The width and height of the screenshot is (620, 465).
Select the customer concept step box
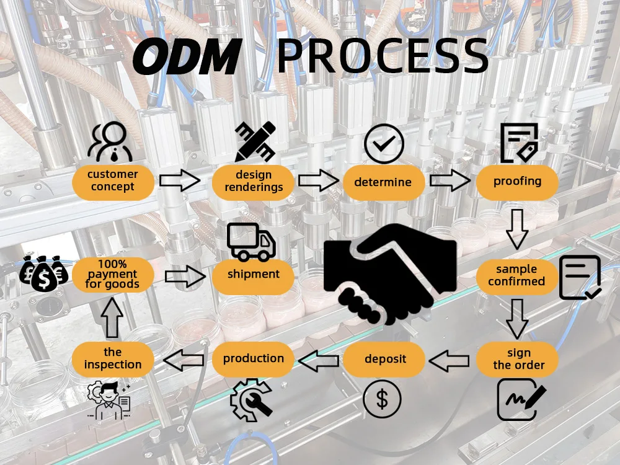(113, 180)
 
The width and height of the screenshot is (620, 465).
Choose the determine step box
(383, 182)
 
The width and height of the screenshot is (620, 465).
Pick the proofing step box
(517, 182)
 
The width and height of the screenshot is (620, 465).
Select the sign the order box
(518, 359)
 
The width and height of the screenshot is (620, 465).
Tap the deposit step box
(385, 359)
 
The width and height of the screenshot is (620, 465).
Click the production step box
(253, 358)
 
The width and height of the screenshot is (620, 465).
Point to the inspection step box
(113, 359)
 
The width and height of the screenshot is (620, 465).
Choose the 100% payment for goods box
(113, 275)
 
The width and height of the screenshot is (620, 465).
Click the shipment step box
(253, 275)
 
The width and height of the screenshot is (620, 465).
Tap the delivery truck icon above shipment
(251, 242)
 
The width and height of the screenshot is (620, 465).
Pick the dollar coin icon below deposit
(382, 399)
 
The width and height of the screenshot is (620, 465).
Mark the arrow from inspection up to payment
(112, 317)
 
